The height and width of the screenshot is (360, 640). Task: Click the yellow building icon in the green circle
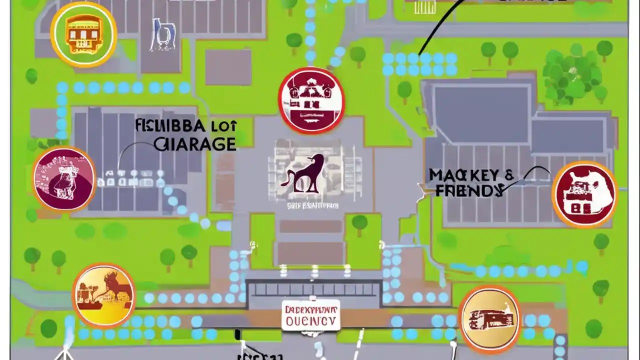83,34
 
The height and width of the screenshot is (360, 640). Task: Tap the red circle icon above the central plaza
311,100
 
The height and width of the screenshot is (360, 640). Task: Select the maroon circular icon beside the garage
64,178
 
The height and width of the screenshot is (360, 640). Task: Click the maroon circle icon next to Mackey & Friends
584,194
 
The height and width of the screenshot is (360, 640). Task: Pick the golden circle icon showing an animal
103,294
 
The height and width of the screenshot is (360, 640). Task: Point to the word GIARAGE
195,144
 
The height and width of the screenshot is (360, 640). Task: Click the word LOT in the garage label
223,125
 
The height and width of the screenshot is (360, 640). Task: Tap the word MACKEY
463,175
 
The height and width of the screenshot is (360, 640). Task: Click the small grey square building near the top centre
228,67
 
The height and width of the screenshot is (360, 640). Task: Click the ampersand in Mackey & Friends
509,175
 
